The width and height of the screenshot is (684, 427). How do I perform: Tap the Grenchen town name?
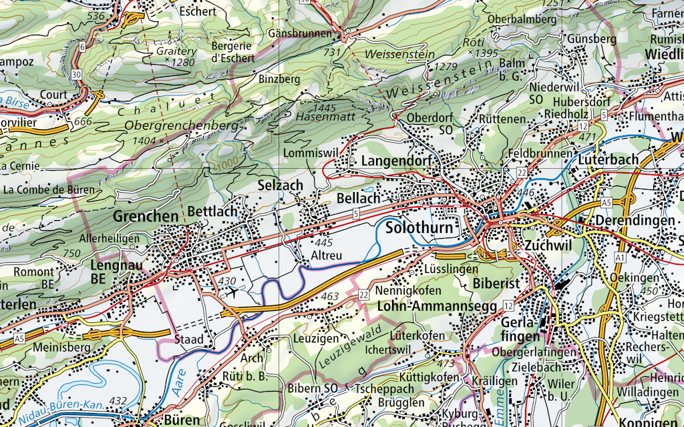click(x=146, y=216)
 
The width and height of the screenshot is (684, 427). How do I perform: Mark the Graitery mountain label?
click(x=176, y=51)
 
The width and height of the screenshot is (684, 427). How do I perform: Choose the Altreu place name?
click(x=327, y=256)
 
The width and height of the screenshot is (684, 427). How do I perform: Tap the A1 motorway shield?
click(x=620, y=257)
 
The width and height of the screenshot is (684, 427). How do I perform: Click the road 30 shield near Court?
click(x=77, y=74)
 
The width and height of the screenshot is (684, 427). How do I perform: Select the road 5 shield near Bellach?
click(x=356, y=213)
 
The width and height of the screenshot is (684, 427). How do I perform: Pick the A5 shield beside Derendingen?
click(x=606, y=202)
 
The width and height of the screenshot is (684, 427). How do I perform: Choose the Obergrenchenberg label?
click(x=182, y=125)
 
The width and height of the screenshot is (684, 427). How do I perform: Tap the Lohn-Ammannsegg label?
click(x=437, y=306)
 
